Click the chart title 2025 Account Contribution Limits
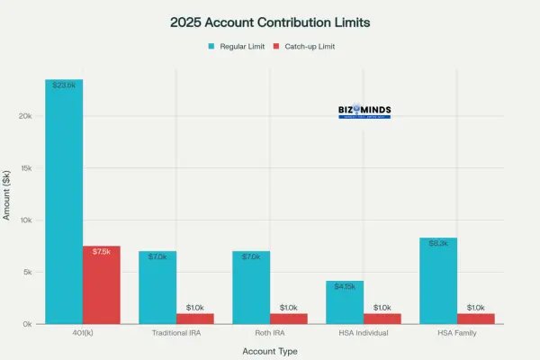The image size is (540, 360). pyautogui.click(x=269, y=20)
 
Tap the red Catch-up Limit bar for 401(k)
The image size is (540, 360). pyautogui.click(x=102, y=284)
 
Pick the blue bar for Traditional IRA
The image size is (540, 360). pyautogui.click(x=157, y=287)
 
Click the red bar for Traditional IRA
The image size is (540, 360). pyautogui.click(x=195, y=319)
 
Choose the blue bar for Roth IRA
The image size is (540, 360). pyautogui.click(x=251, y=287)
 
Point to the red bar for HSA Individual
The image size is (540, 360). pyautogui.click(x=382, y=319)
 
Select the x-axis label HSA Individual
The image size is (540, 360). pyautogui.click(x=364, y=333)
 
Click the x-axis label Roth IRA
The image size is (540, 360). pyautogui.click(x=270, y=333)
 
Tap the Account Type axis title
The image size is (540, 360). pyautogui.click(x=270, y=351)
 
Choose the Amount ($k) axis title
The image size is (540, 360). pyautogui.click(x=8, y=194)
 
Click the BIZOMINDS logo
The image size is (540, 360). pyautogui.click(x=364, y=112)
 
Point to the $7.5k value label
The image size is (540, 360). pyautogui.click(x=102, y=251)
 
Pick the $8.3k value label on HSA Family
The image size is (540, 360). pyautogui.click(x=438, y=243)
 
